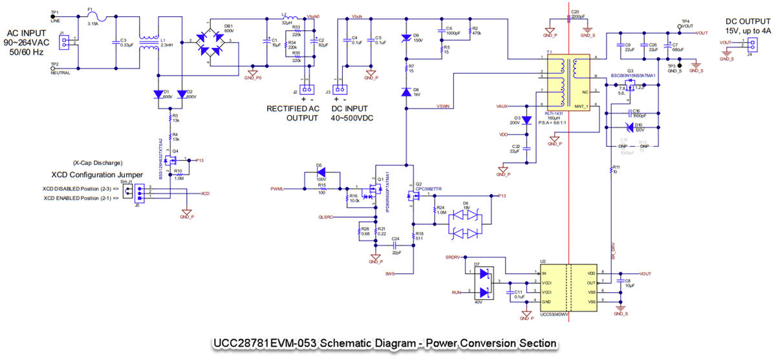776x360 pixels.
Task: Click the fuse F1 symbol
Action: pos(92,18)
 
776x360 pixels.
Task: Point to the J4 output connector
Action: pos(751,45)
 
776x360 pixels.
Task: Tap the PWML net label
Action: pos(278,189)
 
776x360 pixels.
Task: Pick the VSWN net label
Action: pos(444,107)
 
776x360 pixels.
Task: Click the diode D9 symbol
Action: pos(406,38)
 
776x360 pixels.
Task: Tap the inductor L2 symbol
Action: pos(290,18)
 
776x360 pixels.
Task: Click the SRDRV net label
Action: pos(453,257)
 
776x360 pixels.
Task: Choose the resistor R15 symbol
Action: pos(321,189)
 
